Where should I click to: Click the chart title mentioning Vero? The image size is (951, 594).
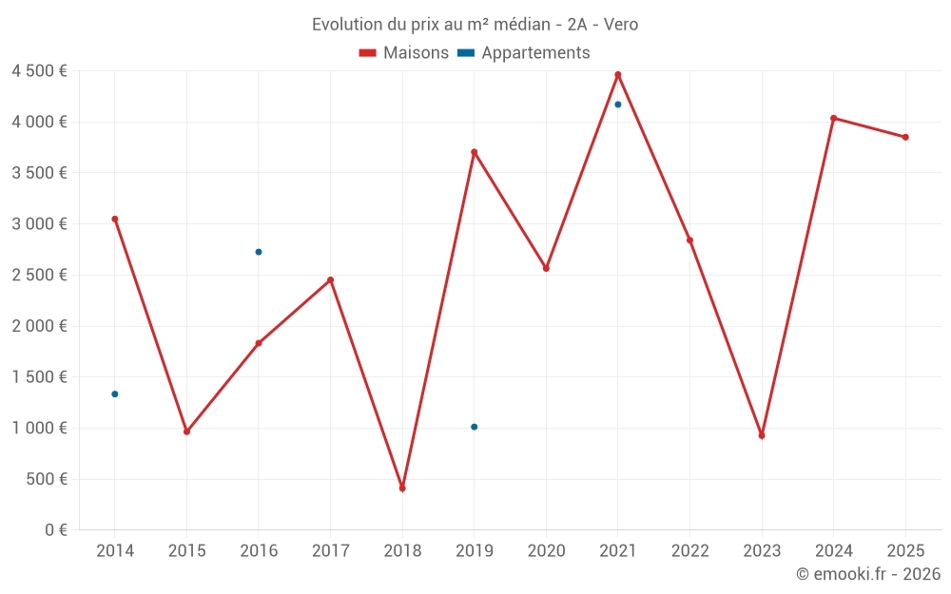click(475, 24)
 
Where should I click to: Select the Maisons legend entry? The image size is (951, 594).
click(404, 53)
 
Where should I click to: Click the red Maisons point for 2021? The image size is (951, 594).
click(618, 74)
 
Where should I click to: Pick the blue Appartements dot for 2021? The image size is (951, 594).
click(618, 105)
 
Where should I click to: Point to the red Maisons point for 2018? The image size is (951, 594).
click(402, 489)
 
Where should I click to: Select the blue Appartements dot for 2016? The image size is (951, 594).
click(259, 252)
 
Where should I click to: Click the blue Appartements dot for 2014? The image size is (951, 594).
click(115, 393)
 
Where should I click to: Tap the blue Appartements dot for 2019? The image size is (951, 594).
click(475, 427)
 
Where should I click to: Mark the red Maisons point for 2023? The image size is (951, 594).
click(762, 435)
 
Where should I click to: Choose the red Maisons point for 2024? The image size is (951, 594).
click(834, 118)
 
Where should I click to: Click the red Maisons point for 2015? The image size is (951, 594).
click(186, 431)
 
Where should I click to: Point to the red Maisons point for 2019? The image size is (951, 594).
click(475, 152)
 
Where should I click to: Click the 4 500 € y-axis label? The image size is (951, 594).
click(39, 71)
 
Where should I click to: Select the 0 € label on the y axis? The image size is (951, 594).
click(56, 530)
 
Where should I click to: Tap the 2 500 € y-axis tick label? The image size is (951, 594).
click(39, 275)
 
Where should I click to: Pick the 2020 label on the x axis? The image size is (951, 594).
click(546, 551)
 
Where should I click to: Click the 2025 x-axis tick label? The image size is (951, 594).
click(905, 551)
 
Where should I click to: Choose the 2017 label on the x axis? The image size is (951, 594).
click(330, 551)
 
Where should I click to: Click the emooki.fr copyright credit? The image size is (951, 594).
click(867, 574)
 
